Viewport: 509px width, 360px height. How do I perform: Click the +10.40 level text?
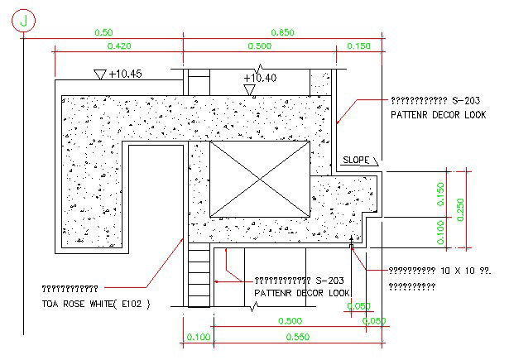(261, 78)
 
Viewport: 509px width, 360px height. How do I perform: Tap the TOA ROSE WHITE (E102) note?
(96, 304)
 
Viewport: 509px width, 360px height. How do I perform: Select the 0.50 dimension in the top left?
(103, 32)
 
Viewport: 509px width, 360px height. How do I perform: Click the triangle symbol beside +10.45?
(99, 74)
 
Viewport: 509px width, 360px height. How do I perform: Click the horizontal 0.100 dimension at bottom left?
(199, 337)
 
